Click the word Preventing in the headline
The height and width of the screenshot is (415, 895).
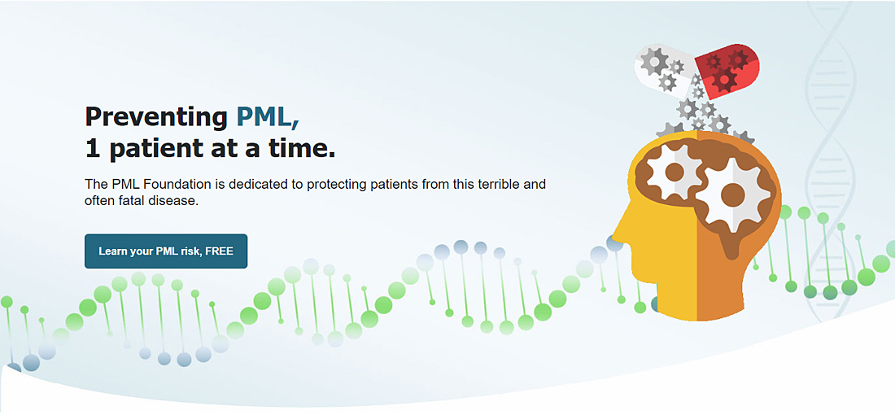tap(156, 118)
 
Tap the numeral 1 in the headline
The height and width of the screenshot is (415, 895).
tap(92, 148)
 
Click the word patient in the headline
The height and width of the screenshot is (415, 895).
tap(154, 148)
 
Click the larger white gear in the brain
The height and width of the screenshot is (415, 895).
tap(733, 195)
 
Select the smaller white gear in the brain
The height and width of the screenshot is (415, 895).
tap(675, 171)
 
